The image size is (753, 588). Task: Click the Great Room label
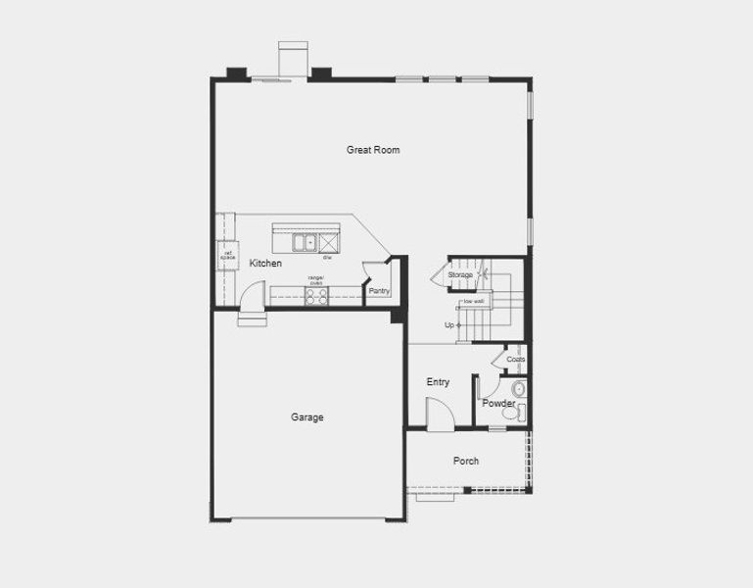tap(373, 150)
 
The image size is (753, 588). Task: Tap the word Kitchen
tap(265, 264)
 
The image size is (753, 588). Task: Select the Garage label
tap(306, 417)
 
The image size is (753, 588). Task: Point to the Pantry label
tap(378, 291)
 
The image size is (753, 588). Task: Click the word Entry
tap(438, 382)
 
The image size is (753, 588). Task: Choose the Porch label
tap(466, 461)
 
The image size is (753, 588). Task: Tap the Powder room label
tap(498, 404)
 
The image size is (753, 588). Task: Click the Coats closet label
tap(516, 360)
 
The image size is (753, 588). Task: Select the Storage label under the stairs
tap(460, 275)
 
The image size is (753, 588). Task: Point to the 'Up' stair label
tap(449, 325)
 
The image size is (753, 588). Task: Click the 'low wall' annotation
tap(474, 301)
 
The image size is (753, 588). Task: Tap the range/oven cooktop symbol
tap(316, 295)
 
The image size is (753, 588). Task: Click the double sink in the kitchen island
tap(306, 241)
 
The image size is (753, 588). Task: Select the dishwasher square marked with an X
tap(329, 241)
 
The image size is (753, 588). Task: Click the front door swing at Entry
tap(441, 416)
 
